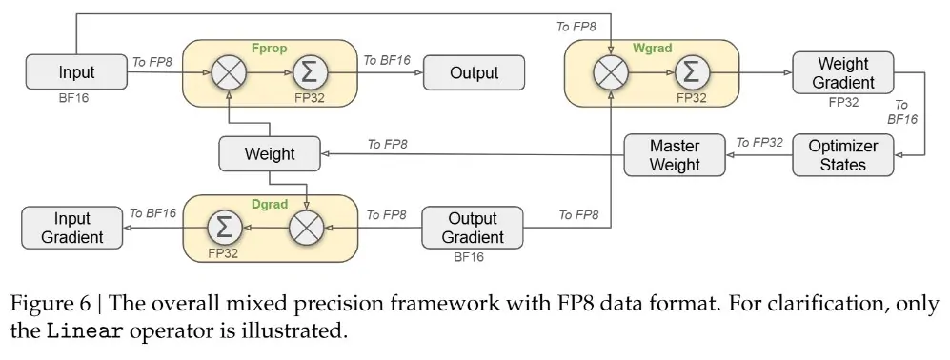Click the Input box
click(x=76, y=72)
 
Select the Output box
click(x=474, y=72)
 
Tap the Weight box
click(x=270, y=154)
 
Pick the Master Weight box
click(x=675, y=155)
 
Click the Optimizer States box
click(x=842, y=155)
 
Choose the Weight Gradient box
click(x=842, y=72)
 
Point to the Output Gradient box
click(x=473, y=228)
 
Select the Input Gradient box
click(x=72, y=228)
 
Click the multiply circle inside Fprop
click(x=229, y=72)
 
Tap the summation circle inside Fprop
click(x=311, y=72)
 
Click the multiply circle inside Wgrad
click(x=611, y=72)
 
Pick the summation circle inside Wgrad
click(x=691, y=72)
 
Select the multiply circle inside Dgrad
click(x=307, y=228)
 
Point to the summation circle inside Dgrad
click(x=225, y=228)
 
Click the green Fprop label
click(x=269, y=48)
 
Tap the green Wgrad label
click(x=652, y=48)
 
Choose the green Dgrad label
click(x=269, y=203)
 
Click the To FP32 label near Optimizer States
click(x=759, y=143)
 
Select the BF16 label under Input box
click(x=73, y=97)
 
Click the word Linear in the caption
click(x=87, y=332)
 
